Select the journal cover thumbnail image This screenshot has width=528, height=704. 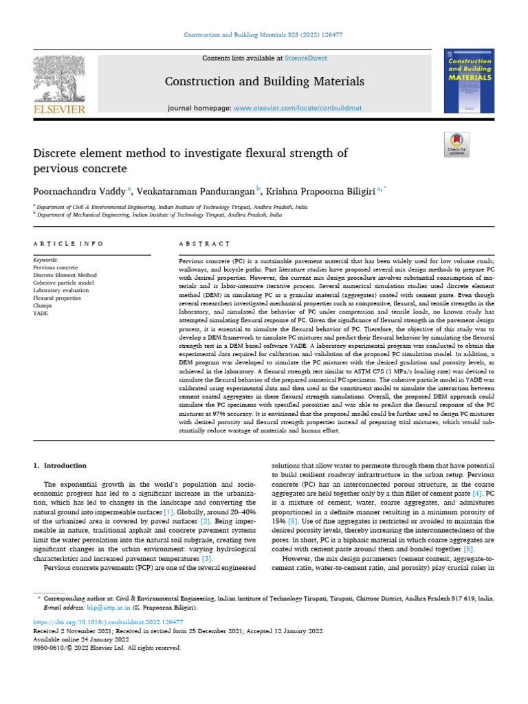(x=470, y=81)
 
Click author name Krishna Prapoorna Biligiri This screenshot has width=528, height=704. (x=321, y=190)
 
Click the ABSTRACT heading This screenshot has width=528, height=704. (x=203, y=244)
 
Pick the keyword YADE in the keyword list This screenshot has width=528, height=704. (x=41, y=312)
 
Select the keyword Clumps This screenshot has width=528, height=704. (x=43, y=305)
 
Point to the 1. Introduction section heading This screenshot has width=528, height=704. (x=60, y=465)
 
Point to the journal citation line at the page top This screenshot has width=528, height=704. (x=263, y=34)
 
